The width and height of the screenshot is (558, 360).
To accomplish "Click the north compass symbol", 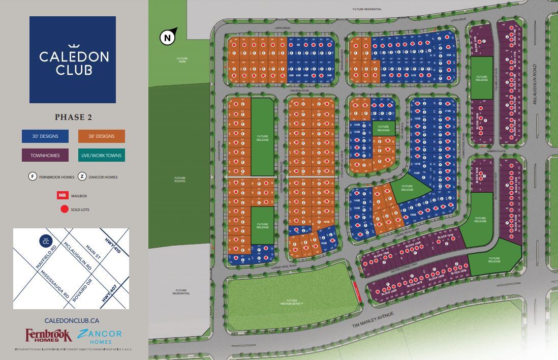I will (168, 37).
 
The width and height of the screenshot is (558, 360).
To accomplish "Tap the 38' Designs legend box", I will (102, 136).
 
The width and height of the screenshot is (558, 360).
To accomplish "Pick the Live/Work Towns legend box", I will (102, 155).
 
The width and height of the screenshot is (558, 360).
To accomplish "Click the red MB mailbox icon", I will (62, 195).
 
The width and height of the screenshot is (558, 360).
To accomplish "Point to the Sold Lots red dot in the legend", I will (64, 208).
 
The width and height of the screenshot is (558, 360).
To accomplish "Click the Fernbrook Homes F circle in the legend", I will (33, 176).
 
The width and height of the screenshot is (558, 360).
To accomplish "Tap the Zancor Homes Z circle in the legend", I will (82, 176).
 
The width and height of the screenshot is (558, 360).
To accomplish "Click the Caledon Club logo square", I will (73, 59).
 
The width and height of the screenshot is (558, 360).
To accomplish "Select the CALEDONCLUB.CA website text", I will (71, 320).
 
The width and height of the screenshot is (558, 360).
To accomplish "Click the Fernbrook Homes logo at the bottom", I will (49, 336).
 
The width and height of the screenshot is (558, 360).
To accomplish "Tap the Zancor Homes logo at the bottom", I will (100, 336).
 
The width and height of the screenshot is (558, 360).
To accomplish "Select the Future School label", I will (180, 179).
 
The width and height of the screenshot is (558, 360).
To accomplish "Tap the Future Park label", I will (182, 59).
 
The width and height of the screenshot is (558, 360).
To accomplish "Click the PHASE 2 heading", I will (73, 117).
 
